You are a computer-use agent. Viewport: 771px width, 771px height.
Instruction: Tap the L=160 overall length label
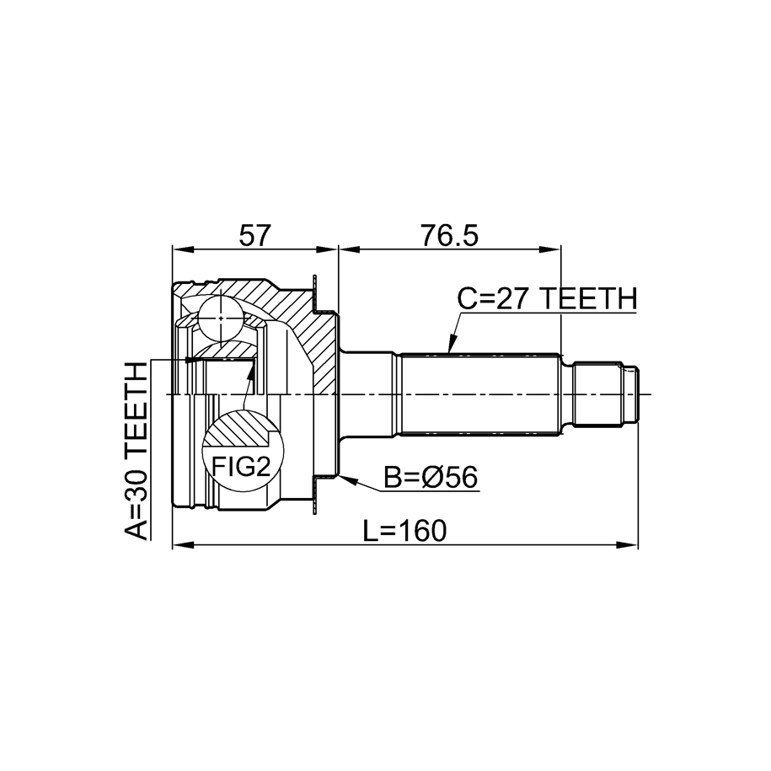(x=404, y=531)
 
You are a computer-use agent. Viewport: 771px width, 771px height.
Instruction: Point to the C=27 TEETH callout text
(x=547, y=298)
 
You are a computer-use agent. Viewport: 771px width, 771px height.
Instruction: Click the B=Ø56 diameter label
(x=431, y=478)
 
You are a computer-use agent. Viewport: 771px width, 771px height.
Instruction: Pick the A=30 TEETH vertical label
(x=137, y=451)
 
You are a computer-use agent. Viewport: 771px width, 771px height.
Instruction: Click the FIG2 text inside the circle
(x=241, y=467)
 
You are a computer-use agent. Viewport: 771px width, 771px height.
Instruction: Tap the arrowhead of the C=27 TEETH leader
(x=452, y=345)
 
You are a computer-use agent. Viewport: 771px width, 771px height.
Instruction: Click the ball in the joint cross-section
(x=221, y=319)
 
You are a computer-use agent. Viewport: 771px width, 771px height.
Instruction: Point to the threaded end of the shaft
(x=606, y=394)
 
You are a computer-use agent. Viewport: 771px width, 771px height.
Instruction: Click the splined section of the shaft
(x=480, y=394)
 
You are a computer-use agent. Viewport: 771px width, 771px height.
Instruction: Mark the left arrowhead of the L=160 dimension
(x=183, y=545)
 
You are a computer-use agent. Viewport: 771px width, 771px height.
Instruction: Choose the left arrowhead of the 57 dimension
(x=183, y=249)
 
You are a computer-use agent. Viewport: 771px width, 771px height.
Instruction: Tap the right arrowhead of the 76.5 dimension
(x=550, y=249)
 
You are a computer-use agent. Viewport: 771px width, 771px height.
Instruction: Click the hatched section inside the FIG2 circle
(x=237, y=428)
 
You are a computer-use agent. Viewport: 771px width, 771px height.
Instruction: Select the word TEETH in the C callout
(x=588, y=298)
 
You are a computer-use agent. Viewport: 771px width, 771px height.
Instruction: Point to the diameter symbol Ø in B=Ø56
(x=431, y=478)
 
